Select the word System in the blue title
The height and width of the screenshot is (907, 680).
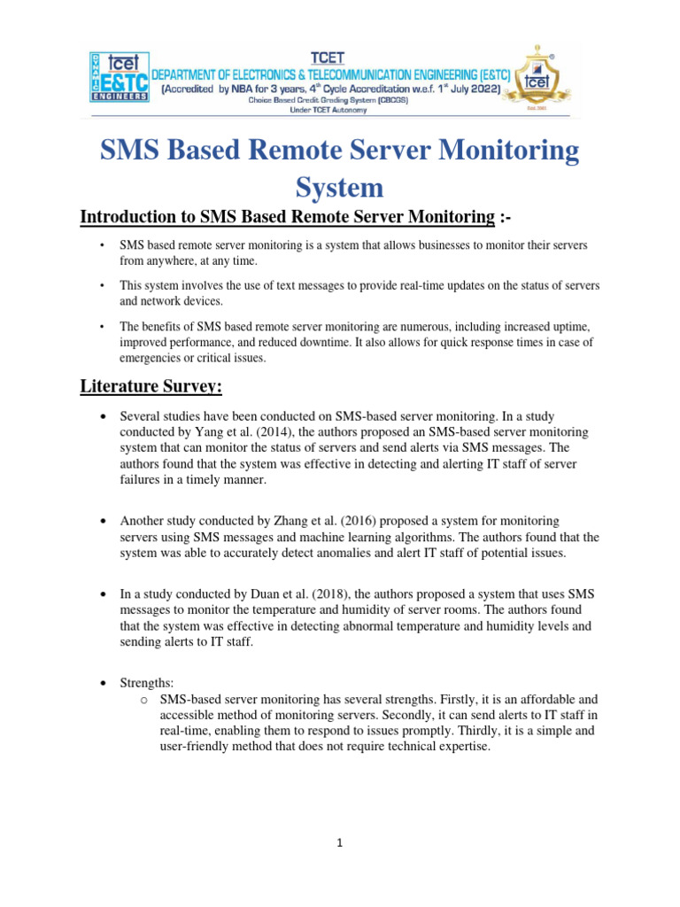340,187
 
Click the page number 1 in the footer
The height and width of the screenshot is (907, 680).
340,843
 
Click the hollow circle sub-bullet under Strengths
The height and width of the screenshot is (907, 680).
143,699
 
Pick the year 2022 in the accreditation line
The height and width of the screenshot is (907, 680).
483,91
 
